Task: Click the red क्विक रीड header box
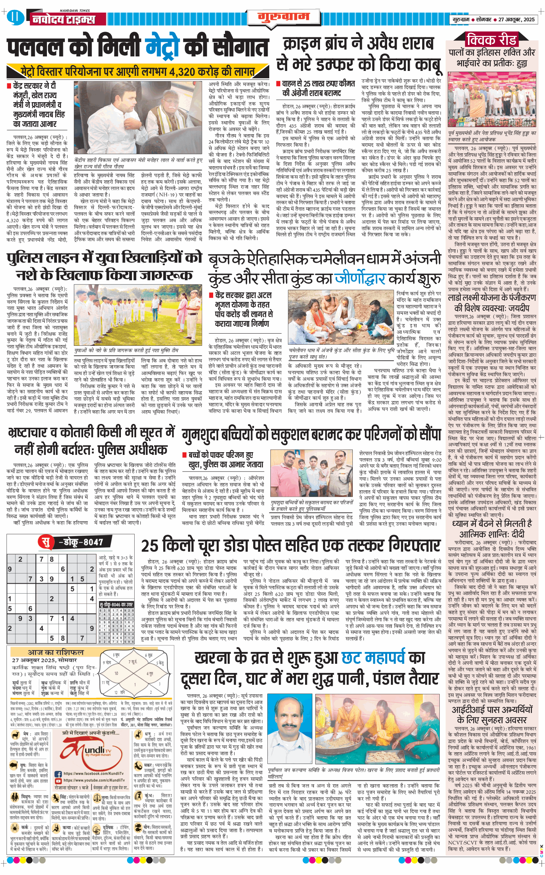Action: pos(492,39)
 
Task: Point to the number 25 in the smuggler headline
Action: pos(150,546)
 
